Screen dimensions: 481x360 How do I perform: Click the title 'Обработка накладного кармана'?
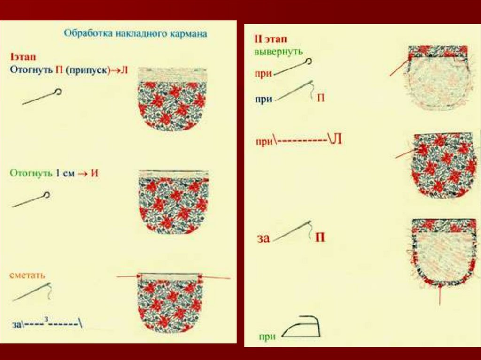click(x=135, y=34)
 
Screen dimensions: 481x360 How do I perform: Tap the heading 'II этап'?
click(x=270, y=39)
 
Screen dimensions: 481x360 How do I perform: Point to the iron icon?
click(x=301, y=327)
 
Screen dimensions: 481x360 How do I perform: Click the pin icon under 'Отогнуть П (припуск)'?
click(x=42, y=97)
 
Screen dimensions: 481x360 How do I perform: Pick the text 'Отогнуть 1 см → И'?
click(x=54, y=173)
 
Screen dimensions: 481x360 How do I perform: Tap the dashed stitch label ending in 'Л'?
click(x=298, y=140)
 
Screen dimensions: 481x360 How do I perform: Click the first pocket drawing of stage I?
click(x=172, y=99)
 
